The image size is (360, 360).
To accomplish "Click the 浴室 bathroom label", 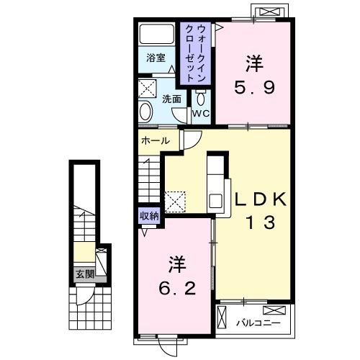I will [156, 58].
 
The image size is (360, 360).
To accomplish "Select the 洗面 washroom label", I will [171, 99].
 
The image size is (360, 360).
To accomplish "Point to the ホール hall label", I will [156, 140].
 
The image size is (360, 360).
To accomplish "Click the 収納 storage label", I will [149, 215].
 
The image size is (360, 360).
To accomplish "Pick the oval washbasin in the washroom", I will [145, 112].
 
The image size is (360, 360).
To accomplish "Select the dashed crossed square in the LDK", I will [175, 200].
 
